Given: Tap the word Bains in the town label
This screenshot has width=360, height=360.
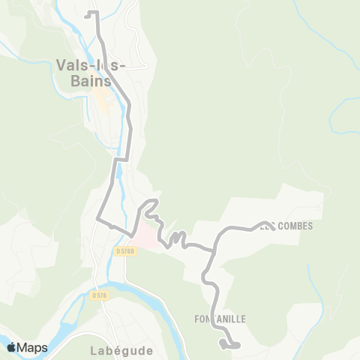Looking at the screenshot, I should [92, 80].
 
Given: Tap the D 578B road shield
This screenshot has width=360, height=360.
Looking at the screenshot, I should [125, 251].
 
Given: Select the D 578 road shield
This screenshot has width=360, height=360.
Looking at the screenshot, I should [99, 295].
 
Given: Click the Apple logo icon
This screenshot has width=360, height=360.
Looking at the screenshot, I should [11, 347].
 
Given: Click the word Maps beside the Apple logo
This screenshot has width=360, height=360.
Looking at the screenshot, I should [32, 347].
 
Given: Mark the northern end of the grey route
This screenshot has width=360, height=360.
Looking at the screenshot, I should [87, 13].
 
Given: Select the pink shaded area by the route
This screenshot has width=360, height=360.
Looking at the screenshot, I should [150, 238].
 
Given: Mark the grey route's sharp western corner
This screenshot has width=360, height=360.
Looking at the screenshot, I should [98, 219].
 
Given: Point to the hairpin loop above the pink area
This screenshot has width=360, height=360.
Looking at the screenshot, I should [150, 204].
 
